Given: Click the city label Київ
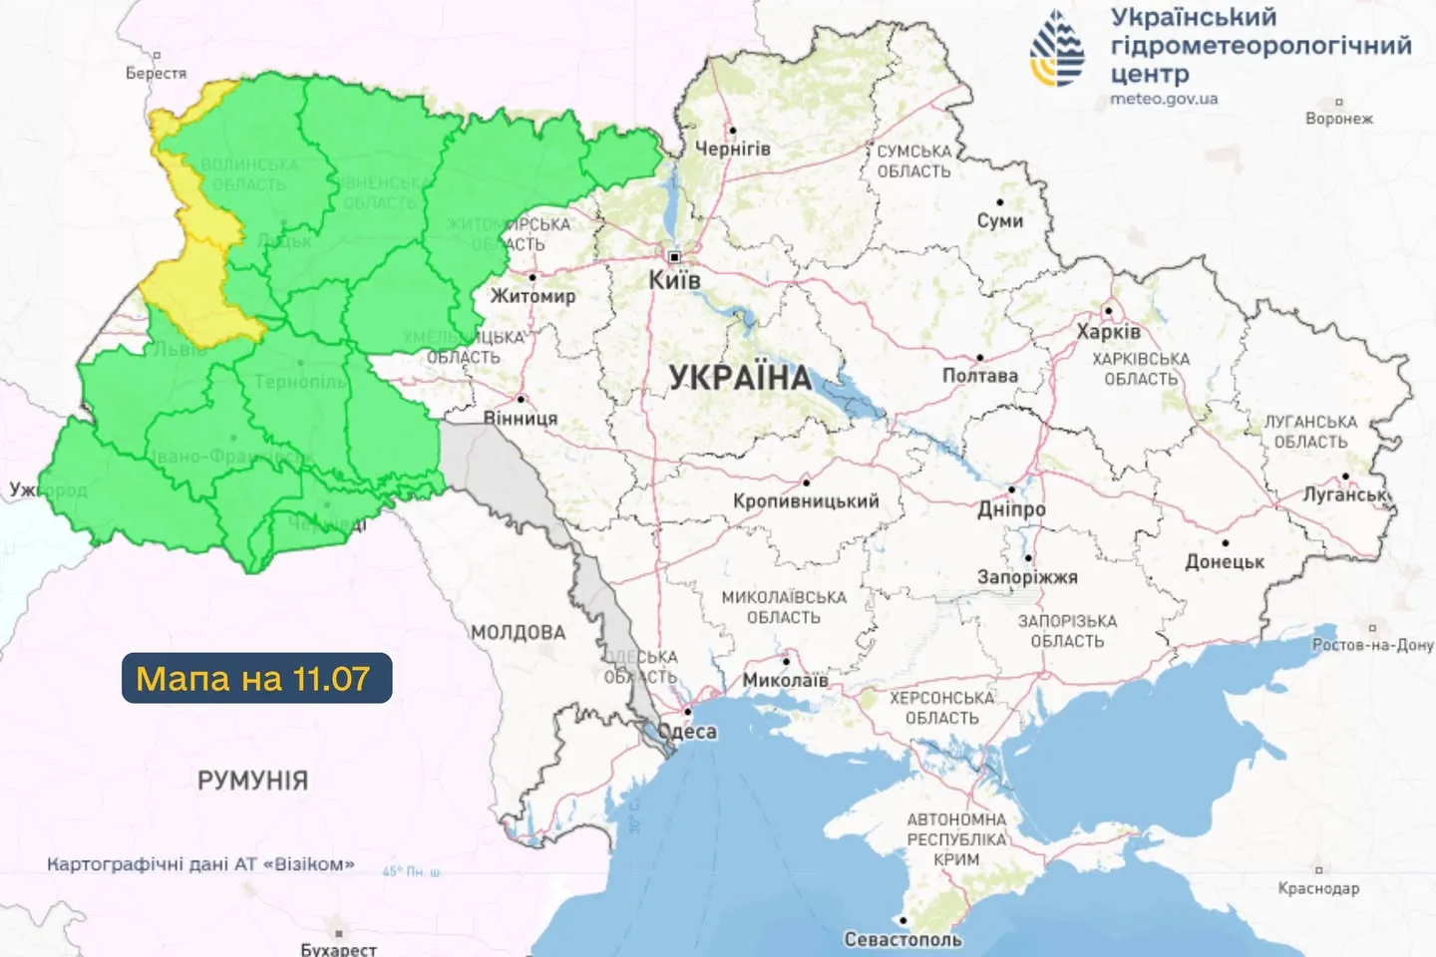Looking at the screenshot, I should (x=674, y=280).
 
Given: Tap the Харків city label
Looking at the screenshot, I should (x=1108, y=331).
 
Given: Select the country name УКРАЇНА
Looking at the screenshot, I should (x=740, y=378).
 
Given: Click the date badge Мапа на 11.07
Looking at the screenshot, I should (x=256, y=678).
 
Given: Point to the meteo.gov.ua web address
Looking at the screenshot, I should (x=1164, y=100).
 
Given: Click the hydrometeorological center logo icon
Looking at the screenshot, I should (x=1057, y=48).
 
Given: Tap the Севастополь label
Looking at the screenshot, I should (x=902, y=939).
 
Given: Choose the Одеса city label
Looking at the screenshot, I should (x=688, y=731).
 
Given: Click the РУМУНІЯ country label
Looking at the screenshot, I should (x=252, y=780).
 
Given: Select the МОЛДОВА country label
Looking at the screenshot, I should (x=518, y=632).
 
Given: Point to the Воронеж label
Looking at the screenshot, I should (x=1338, y=119).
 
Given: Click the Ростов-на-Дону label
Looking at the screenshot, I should (x=1372, y=645).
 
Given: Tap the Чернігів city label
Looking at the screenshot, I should (x=732, y=149).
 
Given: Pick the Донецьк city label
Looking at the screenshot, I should (x=1225, y=562).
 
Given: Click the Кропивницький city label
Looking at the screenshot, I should (x=806, y=501).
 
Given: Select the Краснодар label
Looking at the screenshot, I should (x=1318, y=887).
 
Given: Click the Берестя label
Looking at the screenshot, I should (x=156, y=73).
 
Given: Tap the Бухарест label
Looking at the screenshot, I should (x=338, y=949).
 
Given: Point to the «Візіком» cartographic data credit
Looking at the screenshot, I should (x=200, y=864).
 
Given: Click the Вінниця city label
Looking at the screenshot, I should (x=521, y=419).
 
